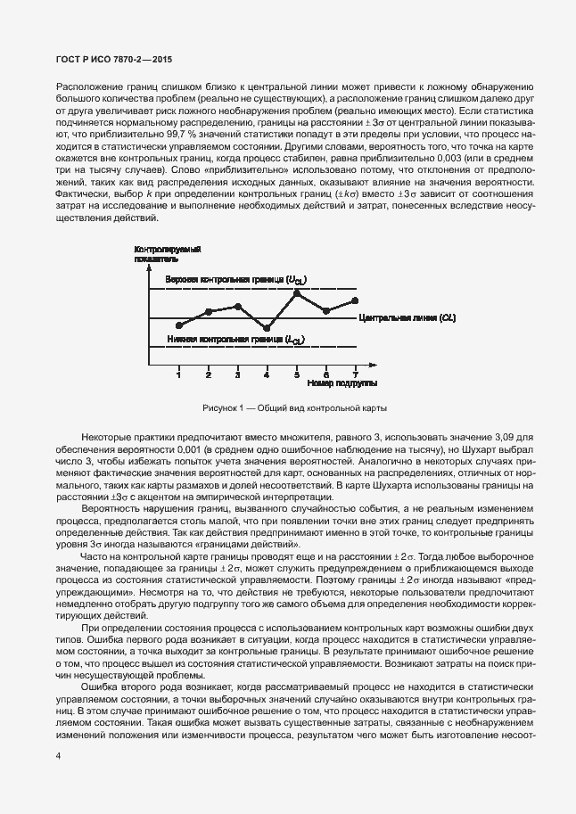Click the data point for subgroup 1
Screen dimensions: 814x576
[179, 325]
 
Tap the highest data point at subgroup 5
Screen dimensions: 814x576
[297, 292]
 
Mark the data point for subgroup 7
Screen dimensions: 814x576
[355, 300]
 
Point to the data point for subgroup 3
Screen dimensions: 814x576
[238, 306]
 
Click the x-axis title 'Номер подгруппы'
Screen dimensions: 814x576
[341, 383]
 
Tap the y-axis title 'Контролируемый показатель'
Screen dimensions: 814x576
[167, 252]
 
